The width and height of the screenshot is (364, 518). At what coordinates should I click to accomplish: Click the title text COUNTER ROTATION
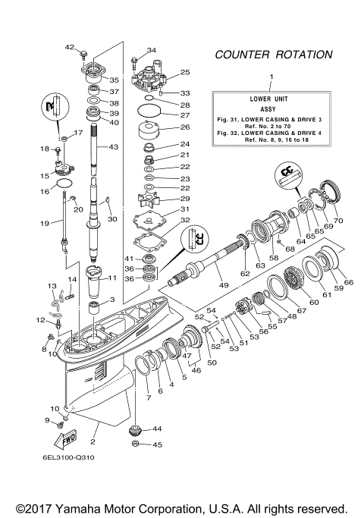tap(273, 55)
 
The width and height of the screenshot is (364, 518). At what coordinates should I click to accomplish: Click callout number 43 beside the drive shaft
tap(115, 146)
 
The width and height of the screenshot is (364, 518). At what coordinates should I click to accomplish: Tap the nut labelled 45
tap(134, 444)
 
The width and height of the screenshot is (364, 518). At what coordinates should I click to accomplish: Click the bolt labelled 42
tap(86, 52)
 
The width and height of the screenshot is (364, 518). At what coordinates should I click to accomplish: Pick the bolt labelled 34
tap(134, 61)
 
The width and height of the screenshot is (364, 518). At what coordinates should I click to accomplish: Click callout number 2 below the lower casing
tap(93, 441)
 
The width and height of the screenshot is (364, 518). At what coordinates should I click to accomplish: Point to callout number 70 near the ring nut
tap(337, 221)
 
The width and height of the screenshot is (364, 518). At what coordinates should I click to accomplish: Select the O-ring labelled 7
tap(141, 372)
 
